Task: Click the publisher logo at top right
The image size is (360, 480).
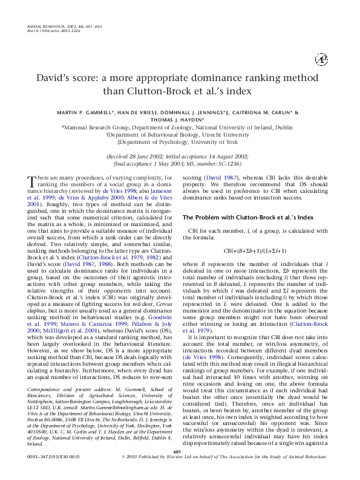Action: pos(321,59)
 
